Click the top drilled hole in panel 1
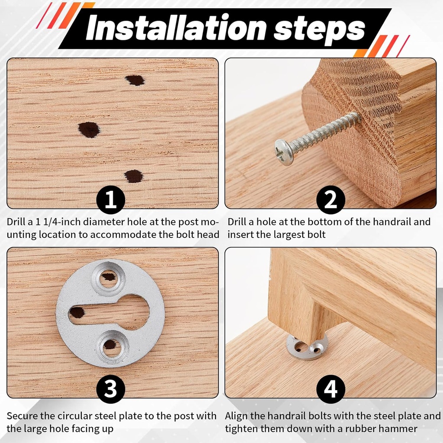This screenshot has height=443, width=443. click(135, 80)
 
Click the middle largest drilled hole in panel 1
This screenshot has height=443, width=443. click(89, 129)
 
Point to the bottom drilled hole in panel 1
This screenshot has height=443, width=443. click(133, 176)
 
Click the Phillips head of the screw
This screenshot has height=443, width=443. click(284, 152)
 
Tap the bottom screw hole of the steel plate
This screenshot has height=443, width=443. click(110, 345)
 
